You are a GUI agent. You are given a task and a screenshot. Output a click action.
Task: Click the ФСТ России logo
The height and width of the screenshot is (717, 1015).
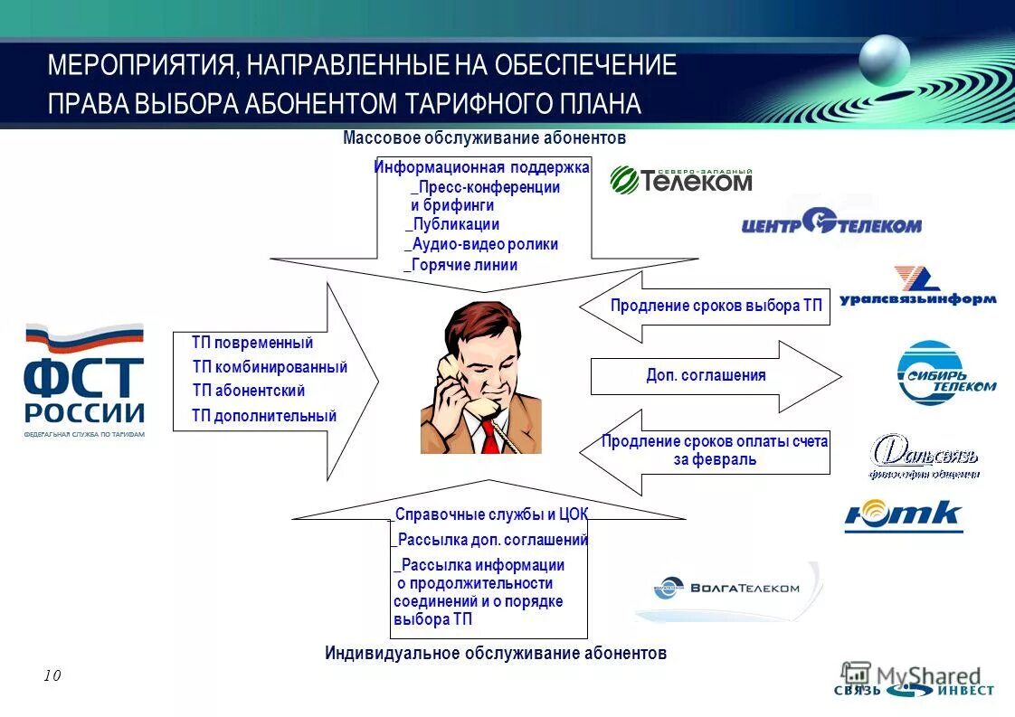coord(84,380)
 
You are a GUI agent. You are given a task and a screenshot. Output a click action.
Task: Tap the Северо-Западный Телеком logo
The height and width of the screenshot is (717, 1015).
coord(681,180)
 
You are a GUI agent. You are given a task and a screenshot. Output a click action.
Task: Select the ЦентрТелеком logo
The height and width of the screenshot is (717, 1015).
coord(831,223)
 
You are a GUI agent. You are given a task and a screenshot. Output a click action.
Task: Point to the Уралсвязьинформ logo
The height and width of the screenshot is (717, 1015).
coord(917,288)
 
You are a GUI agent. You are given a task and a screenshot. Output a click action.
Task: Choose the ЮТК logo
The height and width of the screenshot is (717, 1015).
coord(903,516)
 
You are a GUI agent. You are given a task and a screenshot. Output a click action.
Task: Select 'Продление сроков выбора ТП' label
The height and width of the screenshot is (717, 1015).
coord(716,306)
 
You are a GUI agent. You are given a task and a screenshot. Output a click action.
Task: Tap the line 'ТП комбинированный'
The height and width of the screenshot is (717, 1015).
coord(270,367)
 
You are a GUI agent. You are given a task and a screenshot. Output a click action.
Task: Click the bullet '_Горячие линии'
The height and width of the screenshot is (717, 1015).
coord(460,265)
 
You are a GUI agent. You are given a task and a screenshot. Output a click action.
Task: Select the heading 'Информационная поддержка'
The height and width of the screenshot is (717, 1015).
coord(481,167)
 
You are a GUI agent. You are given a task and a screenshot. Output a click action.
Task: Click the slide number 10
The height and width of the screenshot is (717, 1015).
coord(52,675)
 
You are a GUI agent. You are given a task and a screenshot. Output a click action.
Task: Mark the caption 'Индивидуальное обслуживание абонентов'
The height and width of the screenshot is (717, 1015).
coord(495,653)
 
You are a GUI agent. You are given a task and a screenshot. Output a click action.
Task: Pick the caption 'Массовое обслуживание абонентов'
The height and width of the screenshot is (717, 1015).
coord(484,138)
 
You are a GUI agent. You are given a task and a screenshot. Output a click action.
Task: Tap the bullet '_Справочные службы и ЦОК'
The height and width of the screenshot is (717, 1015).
coord(490,514)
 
